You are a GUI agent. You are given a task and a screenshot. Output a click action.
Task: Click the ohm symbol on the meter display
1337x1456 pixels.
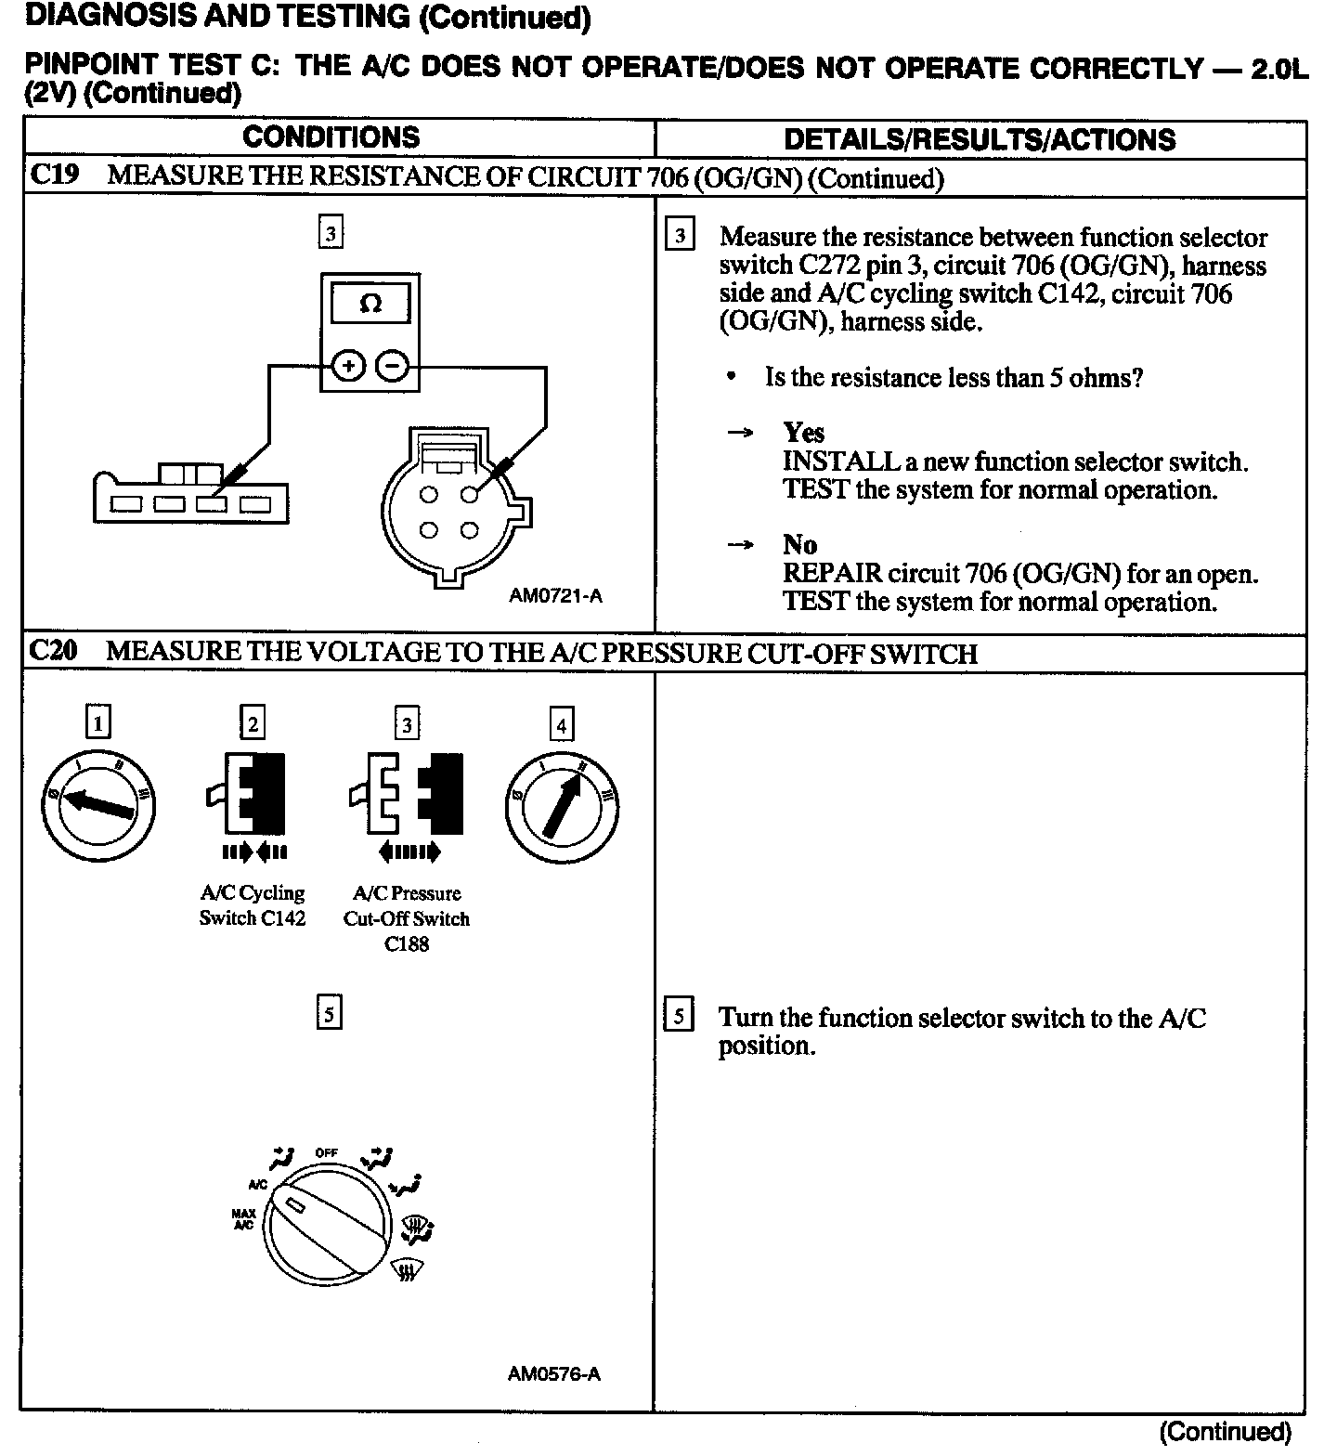pos(370,304)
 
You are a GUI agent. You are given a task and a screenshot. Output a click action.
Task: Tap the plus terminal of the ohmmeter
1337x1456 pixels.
pos(348,367)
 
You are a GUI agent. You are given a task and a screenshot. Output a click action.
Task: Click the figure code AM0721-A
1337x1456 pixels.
pos(555,596)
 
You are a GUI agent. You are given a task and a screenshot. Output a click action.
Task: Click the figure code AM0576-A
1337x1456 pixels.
pos(554,1373)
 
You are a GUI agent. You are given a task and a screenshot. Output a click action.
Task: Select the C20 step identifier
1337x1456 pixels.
pos(55,651)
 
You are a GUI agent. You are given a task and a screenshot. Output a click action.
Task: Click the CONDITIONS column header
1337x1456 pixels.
pos(331,137)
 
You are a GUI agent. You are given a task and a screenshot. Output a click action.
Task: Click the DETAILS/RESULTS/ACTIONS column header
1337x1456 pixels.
pos(980,139)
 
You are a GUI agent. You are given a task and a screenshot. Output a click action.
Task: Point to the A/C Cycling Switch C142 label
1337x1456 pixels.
pos(253,905)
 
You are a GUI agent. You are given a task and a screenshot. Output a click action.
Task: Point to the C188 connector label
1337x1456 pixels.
pos(407,944)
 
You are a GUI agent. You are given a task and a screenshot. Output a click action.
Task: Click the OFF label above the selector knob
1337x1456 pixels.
pos(326,1152)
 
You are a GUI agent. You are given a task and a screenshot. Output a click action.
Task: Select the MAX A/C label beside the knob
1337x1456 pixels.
pos(244,1219)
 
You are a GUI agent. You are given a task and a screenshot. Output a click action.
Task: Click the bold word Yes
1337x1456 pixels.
pos(803,433)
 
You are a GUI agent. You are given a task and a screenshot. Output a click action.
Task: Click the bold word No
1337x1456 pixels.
pos(799,545)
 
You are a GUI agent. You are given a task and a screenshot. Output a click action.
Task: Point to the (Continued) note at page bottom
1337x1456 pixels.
pos(1225,1431)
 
